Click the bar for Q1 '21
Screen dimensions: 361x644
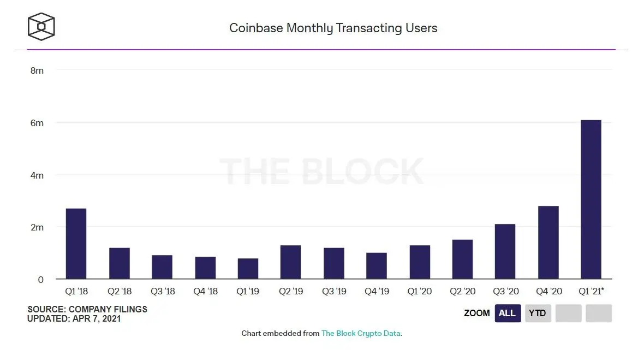click(591, 199)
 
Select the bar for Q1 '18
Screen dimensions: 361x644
click(76, 244)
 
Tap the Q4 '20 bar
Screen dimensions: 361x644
click(548, 242)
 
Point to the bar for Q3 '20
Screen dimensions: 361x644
click(505, 251)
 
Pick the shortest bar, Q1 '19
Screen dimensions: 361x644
click(248, 269)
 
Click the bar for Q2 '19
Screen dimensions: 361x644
click(290, 262)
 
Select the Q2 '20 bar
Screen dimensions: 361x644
click(462, 259)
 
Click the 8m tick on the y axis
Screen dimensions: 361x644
click(37, 70)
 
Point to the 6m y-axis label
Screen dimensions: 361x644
click(37, 123)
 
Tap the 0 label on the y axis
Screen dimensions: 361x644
click(40, 280)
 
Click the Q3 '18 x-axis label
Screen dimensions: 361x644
click(163, 292)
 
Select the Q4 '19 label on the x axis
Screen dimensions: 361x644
click(377, 292)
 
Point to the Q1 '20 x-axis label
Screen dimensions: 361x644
click(420, 292)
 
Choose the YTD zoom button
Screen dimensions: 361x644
click(538, 313)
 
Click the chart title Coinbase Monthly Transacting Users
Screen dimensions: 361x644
click(333, 28)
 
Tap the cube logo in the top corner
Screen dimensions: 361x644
click(41, 27)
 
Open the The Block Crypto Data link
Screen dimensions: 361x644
click(361, 333)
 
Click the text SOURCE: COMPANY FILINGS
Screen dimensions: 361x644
click(87, 310)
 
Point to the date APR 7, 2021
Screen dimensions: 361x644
click(97, 318)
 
